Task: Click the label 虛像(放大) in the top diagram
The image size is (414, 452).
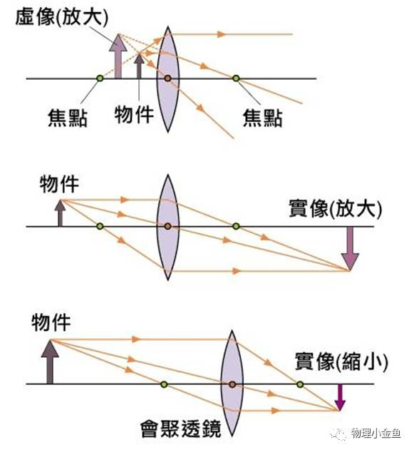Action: [62, 17]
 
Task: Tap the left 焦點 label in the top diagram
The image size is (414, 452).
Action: [68, 118]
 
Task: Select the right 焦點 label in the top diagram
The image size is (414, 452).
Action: [262, 118]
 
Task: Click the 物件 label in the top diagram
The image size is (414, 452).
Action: [134, 115]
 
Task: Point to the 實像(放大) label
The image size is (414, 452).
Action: [336, 208]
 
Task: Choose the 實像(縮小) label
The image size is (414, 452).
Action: [341, 361]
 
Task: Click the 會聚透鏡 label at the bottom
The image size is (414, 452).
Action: [181, 428]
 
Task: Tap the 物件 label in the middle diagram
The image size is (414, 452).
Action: [59, 184]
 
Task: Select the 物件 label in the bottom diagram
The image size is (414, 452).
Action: [51, 322]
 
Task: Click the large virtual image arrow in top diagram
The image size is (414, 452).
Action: [118, 56]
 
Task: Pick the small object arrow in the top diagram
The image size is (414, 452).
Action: [139, 66]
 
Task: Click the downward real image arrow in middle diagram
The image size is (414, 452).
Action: [350, 249]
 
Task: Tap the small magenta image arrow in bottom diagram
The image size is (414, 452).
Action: [340, 397]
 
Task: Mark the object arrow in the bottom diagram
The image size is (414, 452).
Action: [50, 361]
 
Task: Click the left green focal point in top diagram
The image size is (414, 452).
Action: [100, 78]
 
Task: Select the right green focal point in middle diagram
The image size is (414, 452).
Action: [236, 226]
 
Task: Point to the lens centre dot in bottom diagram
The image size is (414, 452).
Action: [232, 384]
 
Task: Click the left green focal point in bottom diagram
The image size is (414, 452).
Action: [164, 384]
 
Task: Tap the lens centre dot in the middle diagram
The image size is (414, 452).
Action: [168, 226]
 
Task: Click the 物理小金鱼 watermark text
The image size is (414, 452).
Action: [376, 433]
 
